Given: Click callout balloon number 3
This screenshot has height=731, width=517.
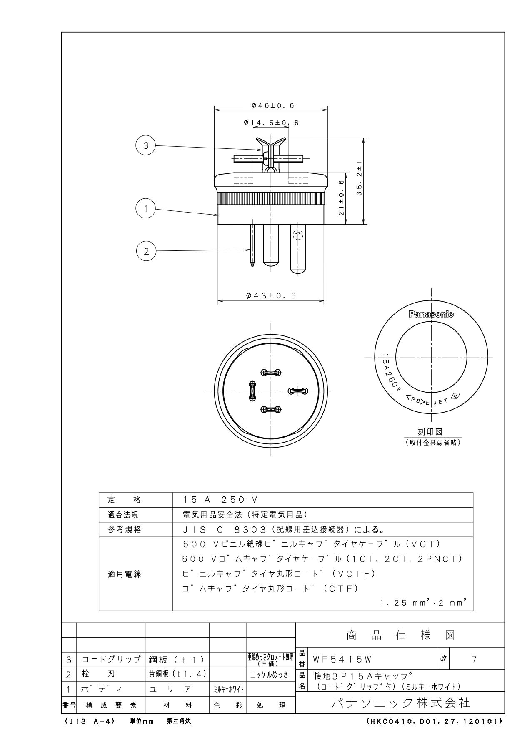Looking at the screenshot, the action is click(146, 145).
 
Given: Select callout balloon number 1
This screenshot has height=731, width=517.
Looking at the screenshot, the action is click(146, 208).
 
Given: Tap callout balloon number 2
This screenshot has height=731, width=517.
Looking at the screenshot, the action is click(146, 251).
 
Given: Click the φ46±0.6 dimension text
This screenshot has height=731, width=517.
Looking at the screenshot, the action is click(273, 105).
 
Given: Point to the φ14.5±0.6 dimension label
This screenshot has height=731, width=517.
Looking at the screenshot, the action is click(271, 123).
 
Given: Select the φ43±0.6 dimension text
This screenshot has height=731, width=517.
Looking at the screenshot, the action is click(271, 295).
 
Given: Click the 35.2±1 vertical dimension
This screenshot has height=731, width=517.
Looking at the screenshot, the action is click(359, 178).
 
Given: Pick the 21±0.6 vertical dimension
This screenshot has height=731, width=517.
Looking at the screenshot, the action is click(342, 198).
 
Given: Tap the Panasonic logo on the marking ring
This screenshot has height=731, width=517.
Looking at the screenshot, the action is click(431, 314).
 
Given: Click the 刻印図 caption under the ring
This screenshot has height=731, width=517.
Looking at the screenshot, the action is click(431, 432).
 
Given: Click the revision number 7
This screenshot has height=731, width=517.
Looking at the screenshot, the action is click(474, 659).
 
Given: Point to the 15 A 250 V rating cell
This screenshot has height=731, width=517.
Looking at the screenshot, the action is click(221, 500).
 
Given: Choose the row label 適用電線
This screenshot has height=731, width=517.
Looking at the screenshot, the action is click(125, 574).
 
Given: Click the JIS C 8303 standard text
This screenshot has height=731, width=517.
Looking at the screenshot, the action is click(225, 530).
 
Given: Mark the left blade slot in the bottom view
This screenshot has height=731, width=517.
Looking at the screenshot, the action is click(252, 391).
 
